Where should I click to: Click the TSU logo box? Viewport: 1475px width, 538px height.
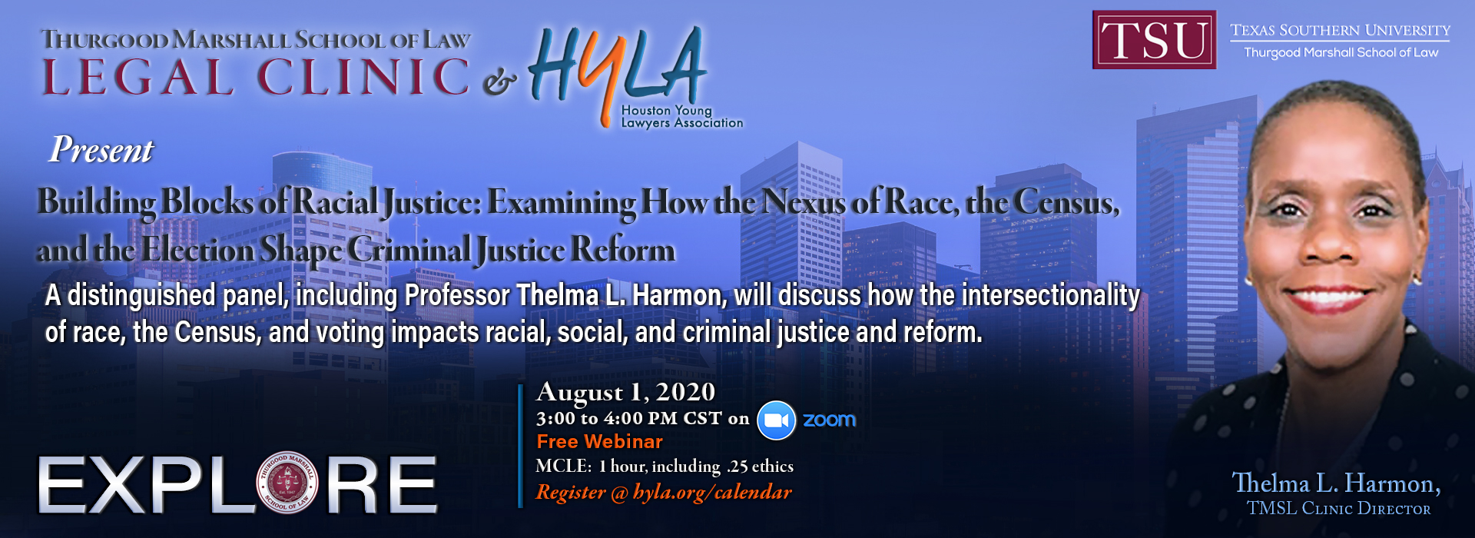coord(1154,40)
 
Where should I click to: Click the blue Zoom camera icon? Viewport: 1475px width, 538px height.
coord(776,420)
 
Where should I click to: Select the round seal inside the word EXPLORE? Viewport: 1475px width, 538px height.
coord(287,483)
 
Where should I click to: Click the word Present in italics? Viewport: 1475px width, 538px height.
coord(101,150)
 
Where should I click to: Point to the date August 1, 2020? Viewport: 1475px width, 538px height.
coord(626,393)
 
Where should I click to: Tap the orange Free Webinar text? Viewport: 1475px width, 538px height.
coord(599,442)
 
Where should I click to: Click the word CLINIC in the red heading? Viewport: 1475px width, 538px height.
coord(363,78)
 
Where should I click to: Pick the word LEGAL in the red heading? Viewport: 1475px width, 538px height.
coord(138,78)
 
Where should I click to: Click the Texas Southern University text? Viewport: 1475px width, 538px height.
coord(1340,31)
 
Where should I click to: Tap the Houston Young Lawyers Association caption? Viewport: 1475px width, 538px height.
coord(681,117)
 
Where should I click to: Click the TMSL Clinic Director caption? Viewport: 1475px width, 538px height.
coord(1338,509)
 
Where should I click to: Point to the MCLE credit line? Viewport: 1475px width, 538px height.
coord(665,467)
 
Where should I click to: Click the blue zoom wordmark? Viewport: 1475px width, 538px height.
coord(829,420)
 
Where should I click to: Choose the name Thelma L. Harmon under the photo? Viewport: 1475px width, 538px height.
coord(1336,483)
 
